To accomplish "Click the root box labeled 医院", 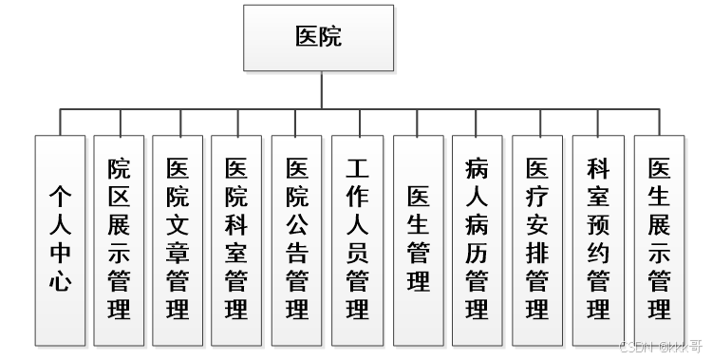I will (318, 38).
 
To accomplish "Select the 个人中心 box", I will (61, 239).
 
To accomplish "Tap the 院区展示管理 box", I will (120, 239).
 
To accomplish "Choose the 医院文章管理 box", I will (178, 239).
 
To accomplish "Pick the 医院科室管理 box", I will (237, 239).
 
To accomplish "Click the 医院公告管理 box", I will (297, 239).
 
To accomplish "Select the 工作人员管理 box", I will (357, 239).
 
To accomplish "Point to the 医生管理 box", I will (418, 239).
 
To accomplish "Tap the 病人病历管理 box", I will (478, 239).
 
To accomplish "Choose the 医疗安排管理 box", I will (537, 239).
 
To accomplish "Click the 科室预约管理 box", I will (598, 239).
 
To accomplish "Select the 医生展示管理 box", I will (659, 239).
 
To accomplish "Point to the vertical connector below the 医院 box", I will (322, 89).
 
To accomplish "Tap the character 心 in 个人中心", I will (61, 281).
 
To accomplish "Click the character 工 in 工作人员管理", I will (357, 169).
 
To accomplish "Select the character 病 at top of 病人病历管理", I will (478, 169).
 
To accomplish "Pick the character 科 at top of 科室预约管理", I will (598, 169).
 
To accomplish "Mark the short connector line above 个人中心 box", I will (61, 122).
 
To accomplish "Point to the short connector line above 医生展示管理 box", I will (659, 122).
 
